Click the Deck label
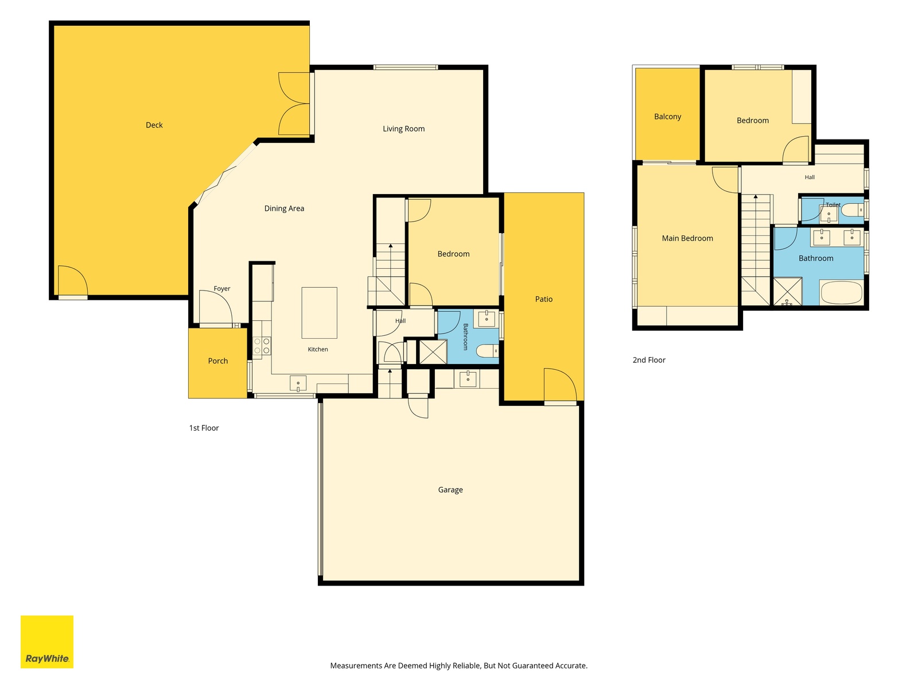point(154,125)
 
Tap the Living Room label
point(403,129)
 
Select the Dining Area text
point(284,208)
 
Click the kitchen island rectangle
point(319,312)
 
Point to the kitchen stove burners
point(262,346)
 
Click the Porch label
point(218,361)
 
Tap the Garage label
point(450,490)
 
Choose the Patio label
point(544,299)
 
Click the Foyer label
point(221,289)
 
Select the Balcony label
point(667,117)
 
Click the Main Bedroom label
point(687,238)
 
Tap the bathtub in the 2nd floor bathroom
point(842,292)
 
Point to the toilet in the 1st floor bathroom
point(488,351)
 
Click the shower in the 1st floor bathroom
point(433,352)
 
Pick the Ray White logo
point(47,642)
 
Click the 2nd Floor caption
point(649,360)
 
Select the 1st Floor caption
point(204,428)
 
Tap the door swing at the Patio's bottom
point(561,385)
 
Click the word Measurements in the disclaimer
point(356,665)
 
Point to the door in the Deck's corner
point(73,281)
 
